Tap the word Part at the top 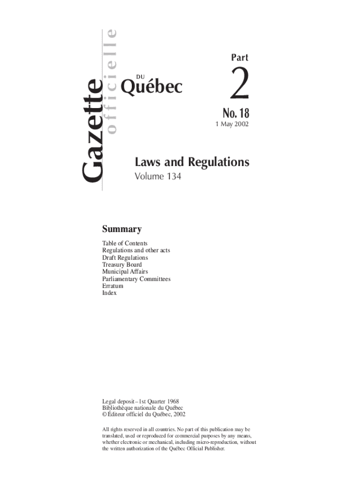click(239, 58)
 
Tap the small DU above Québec click(140, 76)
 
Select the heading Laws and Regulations click(192, 162)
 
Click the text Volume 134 click(158, 177)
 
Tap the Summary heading click(122, 229)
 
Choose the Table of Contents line click(125, 243)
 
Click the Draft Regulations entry click(125, 258)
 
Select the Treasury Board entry click(122, 265)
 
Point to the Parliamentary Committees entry click(136, 279)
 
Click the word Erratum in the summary click(113, 286)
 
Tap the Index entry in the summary click(109, 293)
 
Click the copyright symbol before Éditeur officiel click(105, 414)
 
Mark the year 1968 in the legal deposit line click(172, 401)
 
